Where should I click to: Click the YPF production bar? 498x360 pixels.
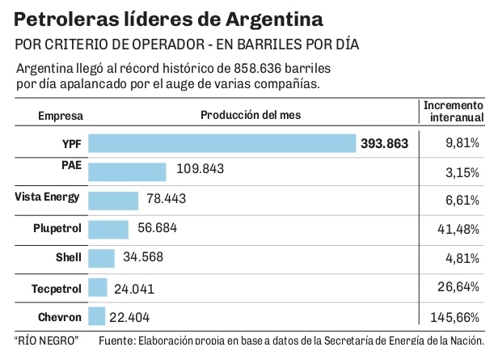coord(222,143)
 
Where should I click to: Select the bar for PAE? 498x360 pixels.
coord(127,172)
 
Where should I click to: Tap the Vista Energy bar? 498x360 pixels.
coord(113,200)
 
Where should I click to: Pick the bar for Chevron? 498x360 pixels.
coord(97,316)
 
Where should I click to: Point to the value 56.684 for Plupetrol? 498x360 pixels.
coord(158,229)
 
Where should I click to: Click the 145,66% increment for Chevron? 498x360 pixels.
coord(461,317)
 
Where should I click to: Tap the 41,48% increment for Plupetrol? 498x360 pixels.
coord(465,230)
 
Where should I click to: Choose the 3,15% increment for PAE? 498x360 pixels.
coord(468,172)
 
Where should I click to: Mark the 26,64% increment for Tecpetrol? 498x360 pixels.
coord(465,288)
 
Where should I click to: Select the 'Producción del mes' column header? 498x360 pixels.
coord(251,115)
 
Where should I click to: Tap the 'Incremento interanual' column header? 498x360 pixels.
coord(454,112)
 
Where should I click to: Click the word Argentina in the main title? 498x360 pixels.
coord(259,17)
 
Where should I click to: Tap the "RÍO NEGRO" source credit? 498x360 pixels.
coord(46,341)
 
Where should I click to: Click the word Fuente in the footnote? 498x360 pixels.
coord(117,341)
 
